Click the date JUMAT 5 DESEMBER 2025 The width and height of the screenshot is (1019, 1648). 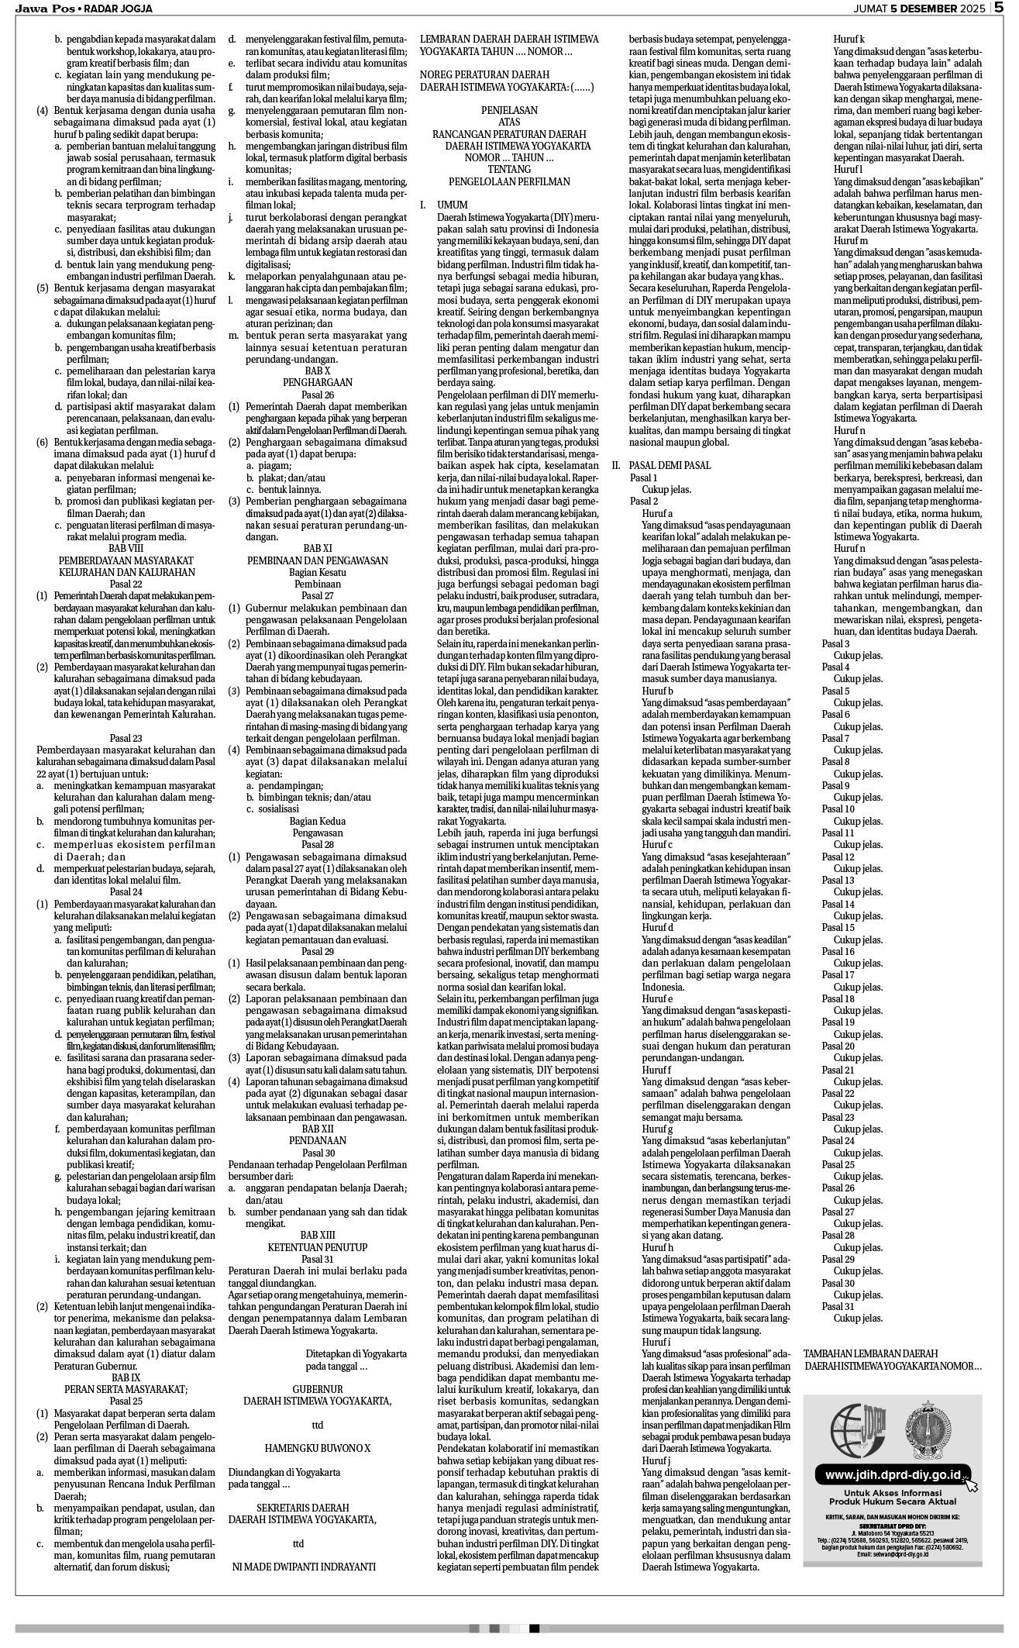919,9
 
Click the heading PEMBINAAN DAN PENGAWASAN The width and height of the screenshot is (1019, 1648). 317,560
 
